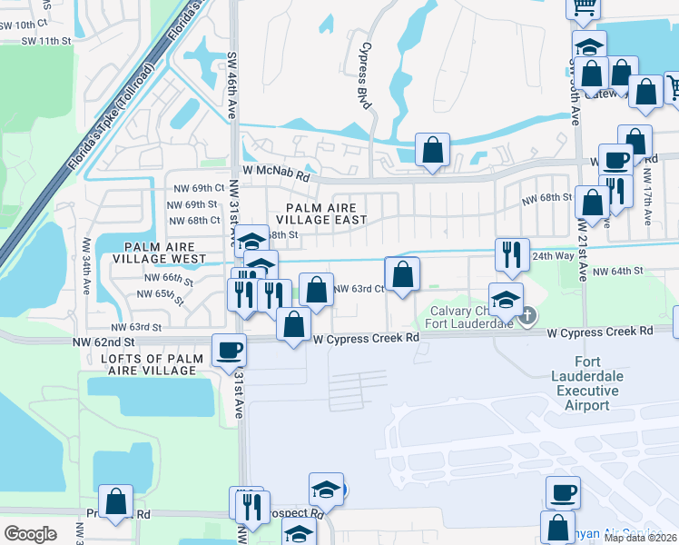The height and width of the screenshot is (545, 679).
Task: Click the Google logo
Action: pos(30,533)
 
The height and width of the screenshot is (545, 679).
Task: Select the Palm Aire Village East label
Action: pos(321,213)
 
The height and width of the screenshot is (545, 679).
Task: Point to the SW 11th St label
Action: pos(47,41)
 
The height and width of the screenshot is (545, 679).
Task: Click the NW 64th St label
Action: pos(617,271)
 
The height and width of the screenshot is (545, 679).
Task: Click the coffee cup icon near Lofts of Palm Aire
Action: pos(230,349)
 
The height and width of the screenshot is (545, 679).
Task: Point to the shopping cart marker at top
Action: pos(585,5)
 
